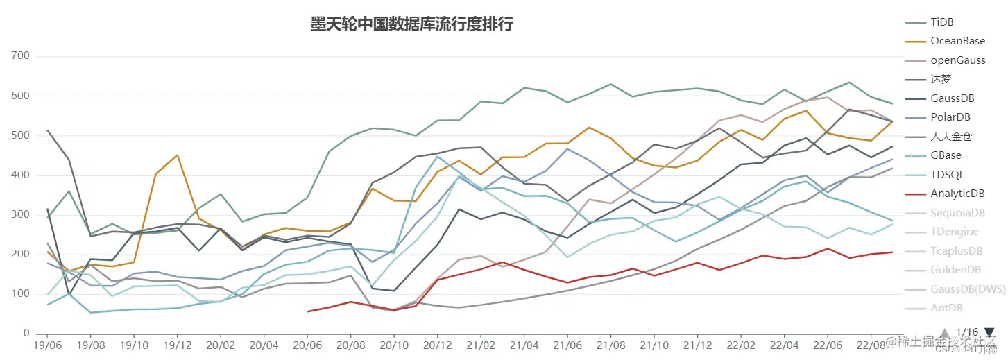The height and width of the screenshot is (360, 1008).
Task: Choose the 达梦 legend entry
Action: (941, 80)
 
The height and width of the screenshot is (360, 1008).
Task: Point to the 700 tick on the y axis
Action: (20, 56)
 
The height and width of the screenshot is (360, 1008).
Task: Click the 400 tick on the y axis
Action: (20, 175)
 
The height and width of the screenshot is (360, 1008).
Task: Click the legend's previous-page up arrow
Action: (943, 332)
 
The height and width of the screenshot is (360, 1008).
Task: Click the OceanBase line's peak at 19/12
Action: (178, 155)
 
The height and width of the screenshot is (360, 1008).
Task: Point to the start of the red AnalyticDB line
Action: (308, 311)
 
